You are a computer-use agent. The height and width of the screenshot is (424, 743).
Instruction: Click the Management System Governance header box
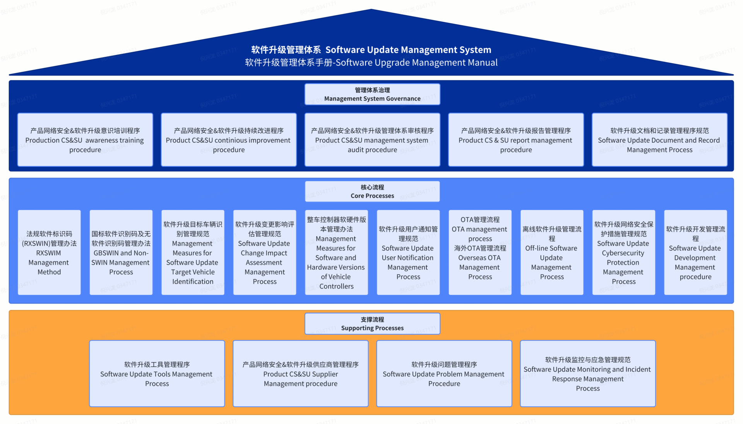[372, 94]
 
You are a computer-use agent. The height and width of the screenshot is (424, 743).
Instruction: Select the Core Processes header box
[372, 191]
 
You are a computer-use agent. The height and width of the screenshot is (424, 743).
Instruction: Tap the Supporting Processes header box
[372, 324]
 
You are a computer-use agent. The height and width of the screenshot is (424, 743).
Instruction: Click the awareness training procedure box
[85, 140]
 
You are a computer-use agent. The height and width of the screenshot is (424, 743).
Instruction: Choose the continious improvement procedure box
[229, 140]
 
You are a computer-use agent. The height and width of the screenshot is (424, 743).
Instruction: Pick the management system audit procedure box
[372, 140]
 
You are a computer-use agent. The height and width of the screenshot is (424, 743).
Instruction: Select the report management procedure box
[516, 140]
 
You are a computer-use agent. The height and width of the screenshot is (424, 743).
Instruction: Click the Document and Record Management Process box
[659, 140]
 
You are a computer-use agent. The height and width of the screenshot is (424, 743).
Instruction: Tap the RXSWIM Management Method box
[49, 253]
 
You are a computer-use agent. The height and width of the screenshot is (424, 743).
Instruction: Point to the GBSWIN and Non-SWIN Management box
[121, 253]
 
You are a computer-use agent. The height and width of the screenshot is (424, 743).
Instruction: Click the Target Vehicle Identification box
[193, 253]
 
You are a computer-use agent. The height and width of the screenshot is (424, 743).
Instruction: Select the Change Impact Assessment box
[265, 253]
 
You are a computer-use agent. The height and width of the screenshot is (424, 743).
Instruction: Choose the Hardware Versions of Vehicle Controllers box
[336, 253]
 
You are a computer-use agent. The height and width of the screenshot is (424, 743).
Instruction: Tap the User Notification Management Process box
[408, 253]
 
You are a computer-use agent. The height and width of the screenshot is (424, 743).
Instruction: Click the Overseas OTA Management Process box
[480, 253]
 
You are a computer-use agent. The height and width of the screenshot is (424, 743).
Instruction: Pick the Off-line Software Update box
[552, 253]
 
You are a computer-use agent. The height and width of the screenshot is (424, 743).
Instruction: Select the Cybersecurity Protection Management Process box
[623, 253]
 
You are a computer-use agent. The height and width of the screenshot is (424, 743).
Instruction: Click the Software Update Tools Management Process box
[157, 374]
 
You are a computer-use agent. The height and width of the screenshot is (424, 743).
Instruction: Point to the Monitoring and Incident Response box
[587, 374]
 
